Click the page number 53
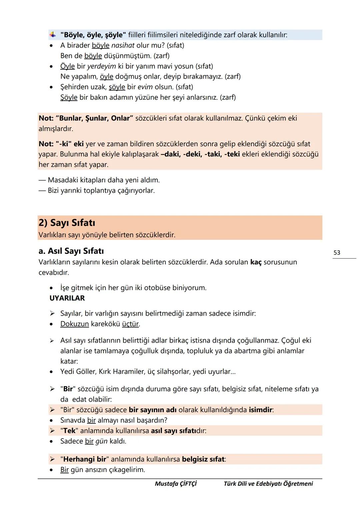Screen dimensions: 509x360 coord(337,253)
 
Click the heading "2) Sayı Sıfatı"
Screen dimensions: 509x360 coord(67,223)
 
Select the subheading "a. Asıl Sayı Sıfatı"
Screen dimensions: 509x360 coord(71,251)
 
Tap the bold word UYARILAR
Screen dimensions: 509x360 coord(67,298)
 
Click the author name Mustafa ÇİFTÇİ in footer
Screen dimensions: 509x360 coord(176,483)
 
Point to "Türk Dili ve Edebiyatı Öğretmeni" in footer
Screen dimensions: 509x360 coord(268,483)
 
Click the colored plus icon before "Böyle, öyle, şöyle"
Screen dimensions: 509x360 coord(53,35)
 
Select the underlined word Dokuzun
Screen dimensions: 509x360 coord(74,324)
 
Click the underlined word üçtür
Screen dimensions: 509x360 coord(131,324)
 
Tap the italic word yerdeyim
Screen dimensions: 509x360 coord(101,66)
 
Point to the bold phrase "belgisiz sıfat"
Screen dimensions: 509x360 coord(203,459)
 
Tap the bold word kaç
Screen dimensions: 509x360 coord(256,262)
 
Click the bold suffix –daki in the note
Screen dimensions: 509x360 coord(170,154)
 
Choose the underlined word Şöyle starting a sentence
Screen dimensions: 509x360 coord(69,97)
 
